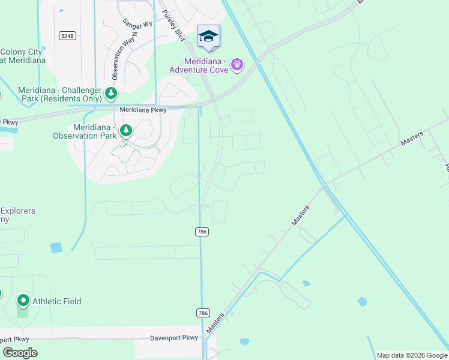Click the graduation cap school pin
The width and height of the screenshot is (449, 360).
click(x=208, y=37)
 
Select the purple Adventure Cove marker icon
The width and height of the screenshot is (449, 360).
click(x=237, y=64)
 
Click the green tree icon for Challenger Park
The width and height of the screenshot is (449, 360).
click(x=110, y=93)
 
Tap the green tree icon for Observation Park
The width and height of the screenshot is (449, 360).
click(x=125, y=130)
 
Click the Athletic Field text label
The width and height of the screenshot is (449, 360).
click(x=57, y=301)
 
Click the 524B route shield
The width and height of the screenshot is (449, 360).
click(x=68, y=36)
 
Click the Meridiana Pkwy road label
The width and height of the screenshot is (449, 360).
click(x=143, y=110)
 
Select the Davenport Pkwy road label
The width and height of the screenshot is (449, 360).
click(x=174, y=338)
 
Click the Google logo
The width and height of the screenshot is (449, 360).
click(x=20, y=353)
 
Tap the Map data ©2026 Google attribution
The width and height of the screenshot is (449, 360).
click(x=411, y=355)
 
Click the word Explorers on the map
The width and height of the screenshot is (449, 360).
click(x=18, y=211)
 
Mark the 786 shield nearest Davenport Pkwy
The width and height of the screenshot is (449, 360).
click(x=203, y=313)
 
